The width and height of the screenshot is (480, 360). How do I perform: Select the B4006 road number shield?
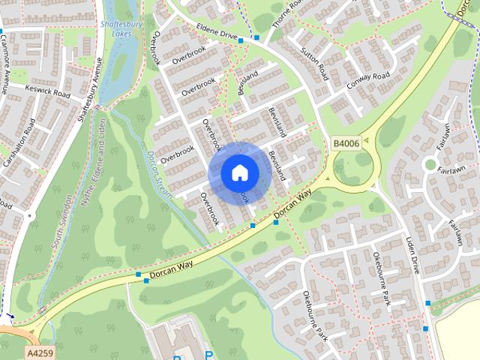click(x=346, y=142)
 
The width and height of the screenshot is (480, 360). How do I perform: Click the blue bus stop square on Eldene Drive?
click(x=256, y=37)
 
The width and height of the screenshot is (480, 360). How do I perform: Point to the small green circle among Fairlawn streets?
click(x=430, y=164)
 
